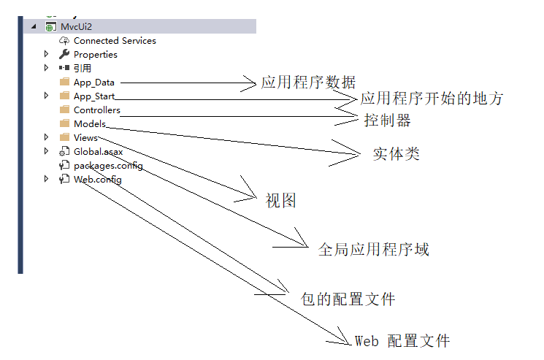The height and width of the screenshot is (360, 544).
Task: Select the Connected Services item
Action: (x=115, y=41)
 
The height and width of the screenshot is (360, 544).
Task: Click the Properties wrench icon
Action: (x=64, y=55)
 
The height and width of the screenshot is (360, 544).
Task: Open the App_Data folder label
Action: (x=93, y=83)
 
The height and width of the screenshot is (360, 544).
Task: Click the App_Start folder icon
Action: (x=64, y=96)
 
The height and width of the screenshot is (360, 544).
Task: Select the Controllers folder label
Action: (x=97, y=110)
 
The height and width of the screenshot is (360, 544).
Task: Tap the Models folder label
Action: (x=90, y=124)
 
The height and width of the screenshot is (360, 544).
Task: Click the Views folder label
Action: (x=85, y=138)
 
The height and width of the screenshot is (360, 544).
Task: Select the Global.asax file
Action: (x=98, y=152)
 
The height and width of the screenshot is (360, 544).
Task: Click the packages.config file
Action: (x=107, y=166)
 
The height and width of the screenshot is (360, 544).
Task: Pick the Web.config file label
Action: (x=97, y=180)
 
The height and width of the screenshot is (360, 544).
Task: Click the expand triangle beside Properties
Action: (x=47, y=55)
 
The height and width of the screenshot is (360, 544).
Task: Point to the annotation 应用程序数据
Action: (x=308, y=83)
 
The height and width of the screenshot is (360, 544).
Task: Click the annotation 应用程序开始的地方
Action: (x=432, y=99)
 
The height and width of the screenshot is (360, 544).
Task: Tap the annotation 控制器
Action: (x=387, y=120)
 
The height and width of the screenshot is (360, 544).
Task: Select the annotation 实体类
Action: (x=396, y=155)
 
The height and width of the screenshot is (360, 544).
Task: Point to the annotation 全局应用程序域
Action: (x=373, y=250)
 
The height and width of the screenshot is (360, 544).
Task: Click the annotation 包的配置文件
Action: (x=348, y=299)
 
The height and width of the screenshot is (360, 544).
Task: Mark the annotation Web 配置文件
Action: (x=402, y=341)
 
